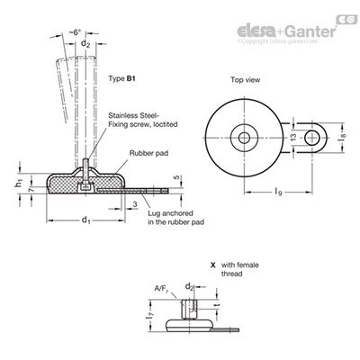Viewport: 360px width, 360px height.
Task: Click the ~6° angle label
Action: (75, 32)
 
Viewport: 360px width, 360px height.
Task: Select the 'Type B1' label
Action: (122, 79)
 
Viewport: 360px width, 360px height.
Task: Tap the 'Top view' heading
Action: (246, 80)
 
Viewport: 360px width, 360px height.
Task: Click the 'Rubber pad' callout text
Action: (148, 153)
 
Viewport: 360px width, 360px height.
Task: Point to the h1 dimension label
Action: (19, 183)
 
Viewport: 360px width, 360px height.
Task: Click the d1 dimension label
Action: (86, 220)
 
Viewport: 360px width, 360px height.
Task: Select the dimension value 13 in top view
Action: (293, 137)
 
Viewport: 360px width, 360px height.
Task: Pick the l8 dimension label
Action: (344, 136)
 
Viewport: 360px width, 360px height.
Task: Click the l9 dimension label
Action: (278, 192)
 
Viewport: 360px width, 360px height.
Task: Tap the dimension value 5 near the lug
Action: (176, 177)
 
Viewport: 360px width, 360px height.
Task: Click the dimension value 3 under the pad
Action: (135, 204)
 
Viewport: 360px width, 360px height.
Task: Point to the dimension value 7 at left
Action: (29, 189)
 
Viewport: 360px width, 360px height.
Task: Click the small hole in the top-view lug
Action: (312, 138)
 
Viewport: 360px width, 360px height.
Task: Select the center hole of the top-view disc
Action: (245, 138)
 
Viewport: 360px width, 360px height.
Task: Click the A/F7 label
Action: (161, 289)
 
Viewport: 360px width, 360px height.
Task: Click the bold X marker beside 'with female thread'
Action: (213, 265)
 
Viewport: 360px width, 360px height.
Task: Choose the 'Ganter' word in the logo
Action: (310, 31)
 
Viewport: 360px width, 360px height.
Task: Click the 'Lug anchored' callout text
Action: (170, 213)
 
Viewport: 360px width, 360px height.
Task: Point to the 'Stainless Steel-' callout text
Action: (133, 115)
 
